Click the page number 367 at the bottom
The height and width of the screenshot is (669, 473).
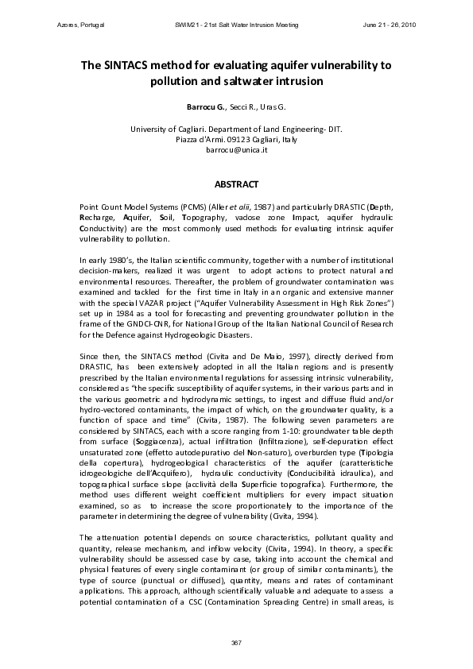236,641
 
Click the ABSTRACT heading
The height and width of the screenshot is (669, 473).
236,185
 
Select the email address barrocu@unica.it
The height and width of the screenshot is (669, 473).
236,149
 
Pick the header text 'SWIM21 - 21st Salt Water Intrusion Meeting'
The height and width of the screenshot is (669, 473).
236,25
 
